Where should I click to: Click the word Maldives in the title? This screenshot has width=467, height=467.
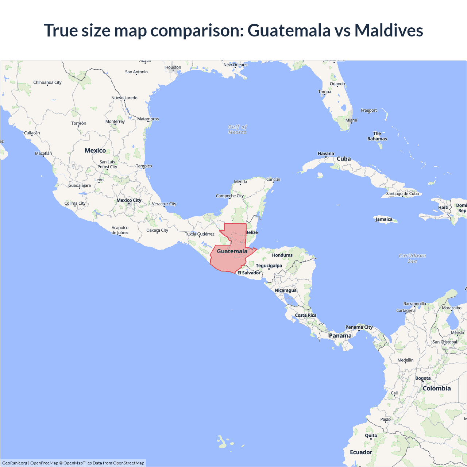coord(389,30)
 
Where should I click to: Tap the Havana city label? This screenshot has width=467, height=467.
coord(326,154)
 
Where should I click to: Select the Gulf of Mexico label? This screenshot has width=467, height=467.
coord(238,130)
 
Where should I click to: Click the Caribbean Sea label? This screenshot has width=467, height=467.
coord(412,258)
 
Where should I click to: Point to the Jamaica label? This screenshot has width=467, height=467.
coord(384,219)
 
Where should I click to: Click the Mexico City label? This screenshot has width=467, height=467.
coord(129,200)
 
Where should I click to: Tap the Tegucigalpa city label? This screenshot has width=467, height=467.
coord(269,266)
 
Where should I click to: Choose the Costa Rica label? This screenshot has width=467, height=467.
coord(306,315)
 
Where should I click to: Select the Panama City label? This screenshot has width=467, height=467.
coord(359,327)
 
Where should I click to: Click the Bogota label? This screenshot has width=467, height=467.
coord(423,378)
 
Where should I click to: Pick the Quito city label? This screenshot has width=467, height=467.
coord(371,435)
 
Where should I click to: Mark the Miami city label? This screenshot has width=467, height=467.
coord(351,120)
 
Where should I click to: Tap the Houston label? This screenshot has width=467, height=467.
coord(173,67)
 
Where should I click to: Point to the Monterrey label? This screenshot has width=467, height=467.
coord(115,121)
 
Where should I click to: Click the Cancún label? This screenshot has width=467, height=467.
coord(273,180)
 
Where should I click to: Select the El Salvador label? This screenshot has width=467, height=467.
coord(249,273)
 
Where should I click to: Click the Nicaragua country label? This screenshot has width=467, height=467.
coord(286,290)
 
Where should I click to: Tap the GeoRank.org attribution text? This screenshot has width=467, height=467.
coord(15,463)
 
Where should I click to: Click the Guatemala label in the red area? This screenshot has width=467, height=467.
coord(232,251)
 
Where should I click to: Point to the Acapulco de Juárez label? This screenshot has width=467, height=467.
coord(120,230)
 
